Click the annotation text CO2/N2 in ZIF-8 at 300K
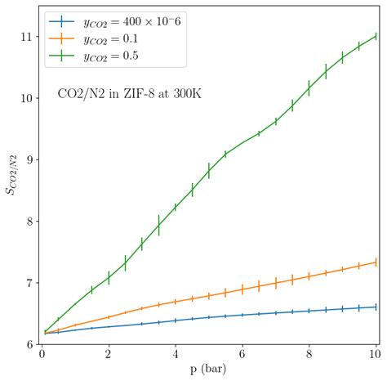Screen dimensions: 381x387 tap(130, 94)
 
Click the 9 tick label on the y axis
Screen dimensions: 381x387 tap(28, 159)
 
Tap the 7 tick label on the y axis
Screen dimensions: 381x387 tap(28, 283)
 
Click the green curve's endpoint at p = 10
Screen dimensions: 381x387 tap(376, 36)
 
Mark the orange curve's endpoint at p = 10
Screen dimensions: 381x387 tap(376, 262)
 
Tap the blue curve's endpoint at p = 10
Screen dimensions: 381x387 tap(376, 307)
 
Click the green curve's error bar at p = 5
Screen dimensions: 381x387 tap(208, 171)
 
